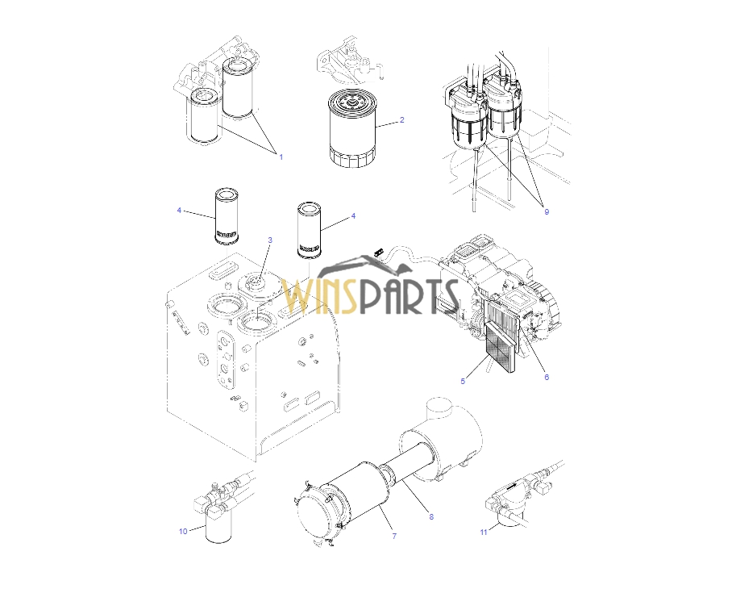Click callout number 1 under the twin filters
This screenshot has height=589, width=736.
[281, 157]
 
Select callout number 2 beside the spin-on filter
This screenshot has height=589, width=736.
[401, 119]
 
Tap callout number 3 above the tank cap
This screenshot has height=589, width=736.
[270, 240]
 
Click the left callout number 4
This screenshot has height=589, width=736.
[179, 210]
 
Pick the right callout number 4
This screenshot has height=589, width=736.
[353, 216]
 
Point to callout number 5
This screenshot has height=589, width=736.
[463, 381]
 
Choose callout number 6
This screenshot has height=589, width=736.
[547, 377]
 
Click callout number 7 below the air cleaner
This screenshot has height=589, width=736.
[394, 536]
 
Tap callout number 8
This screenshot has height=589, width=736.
[431, 516]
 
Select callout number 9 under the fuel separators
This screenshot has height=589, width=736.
[547, 212]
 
